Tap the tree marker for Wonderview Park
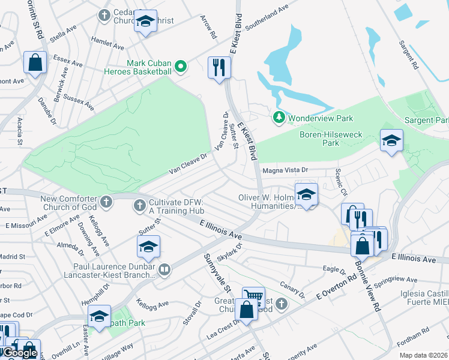(x=279, y=118)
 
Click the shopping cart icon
(x=253, y=297)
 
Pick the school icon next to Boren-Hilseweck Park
(x=391, y=141)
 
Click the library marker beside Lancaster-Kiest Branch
(x=165, y=271)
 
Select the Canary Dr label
(x=294, y=289)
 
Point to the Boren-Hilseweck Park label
(x=331, y=139)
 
